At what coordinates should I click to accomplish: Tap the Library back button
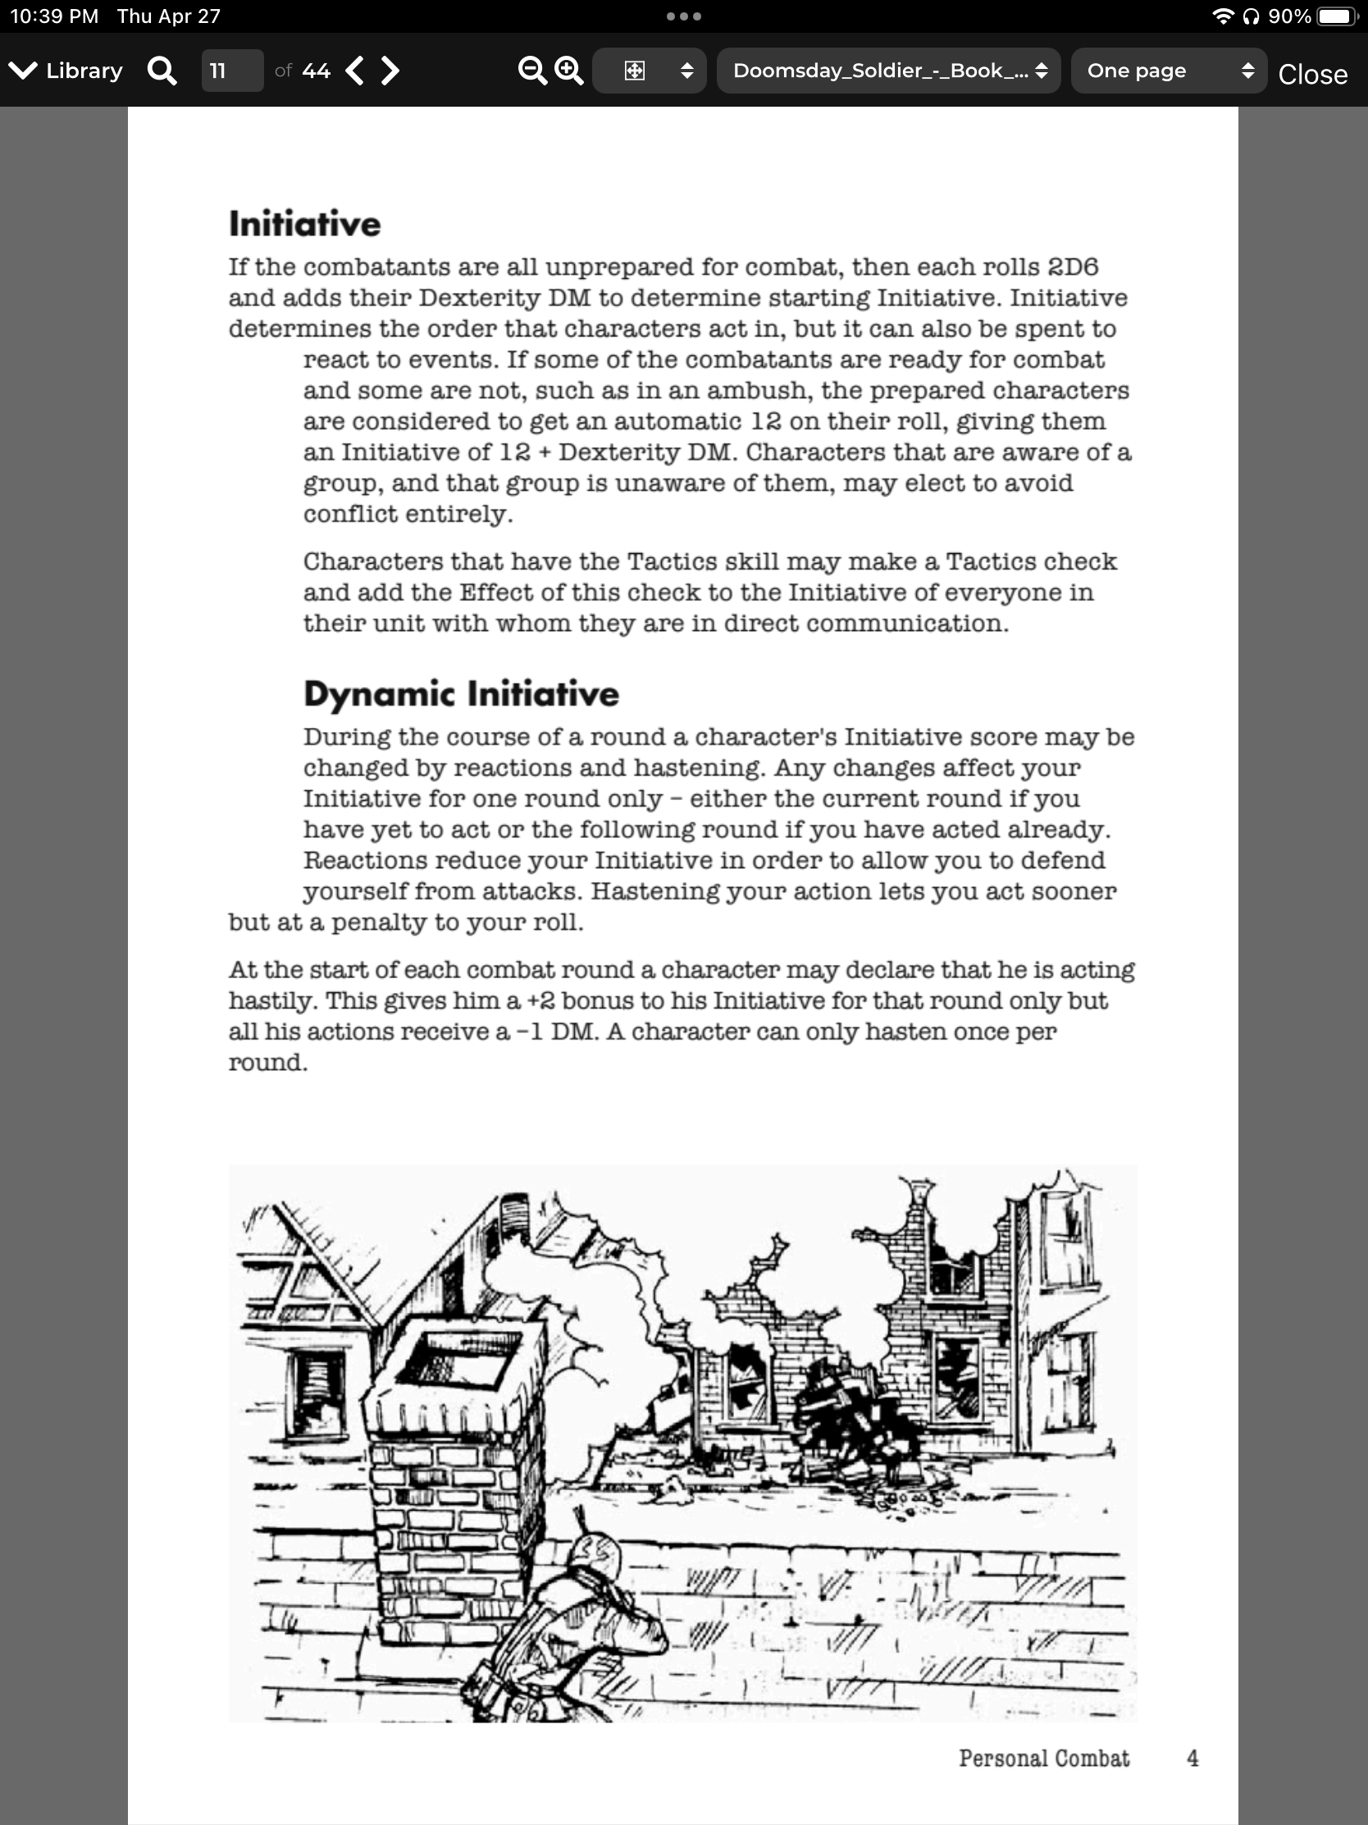66,71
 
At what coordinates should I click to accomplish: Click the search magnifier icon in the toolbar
162,71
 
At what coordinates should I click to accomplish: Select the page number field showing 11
232,71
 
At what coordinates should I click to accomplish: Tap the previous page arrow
355,71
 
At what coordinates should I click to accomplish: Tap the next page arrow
391,71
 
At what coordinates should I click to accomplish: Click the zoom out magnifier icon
531,71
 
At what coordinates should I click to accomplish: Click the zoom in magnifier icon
569,71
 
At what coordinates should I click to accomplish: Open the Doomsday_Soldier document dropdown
888,71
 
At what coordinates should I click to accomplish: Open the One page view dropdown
1169,71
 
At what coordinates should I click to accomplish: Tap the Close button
1312,74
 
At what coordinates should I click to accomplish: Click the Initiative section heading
304,223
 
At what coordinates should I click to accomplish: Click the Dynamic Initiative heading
461,694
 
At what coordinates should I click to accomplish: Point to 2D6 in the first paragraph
1072,268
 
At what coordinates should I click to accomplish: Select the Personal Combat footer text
1044,1759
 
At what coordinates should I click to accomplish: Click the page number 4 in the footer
1192,1759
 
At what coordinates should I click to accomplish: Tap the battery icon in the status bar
1337,16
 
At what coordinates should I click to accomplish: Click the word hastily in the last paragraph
271,1001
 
